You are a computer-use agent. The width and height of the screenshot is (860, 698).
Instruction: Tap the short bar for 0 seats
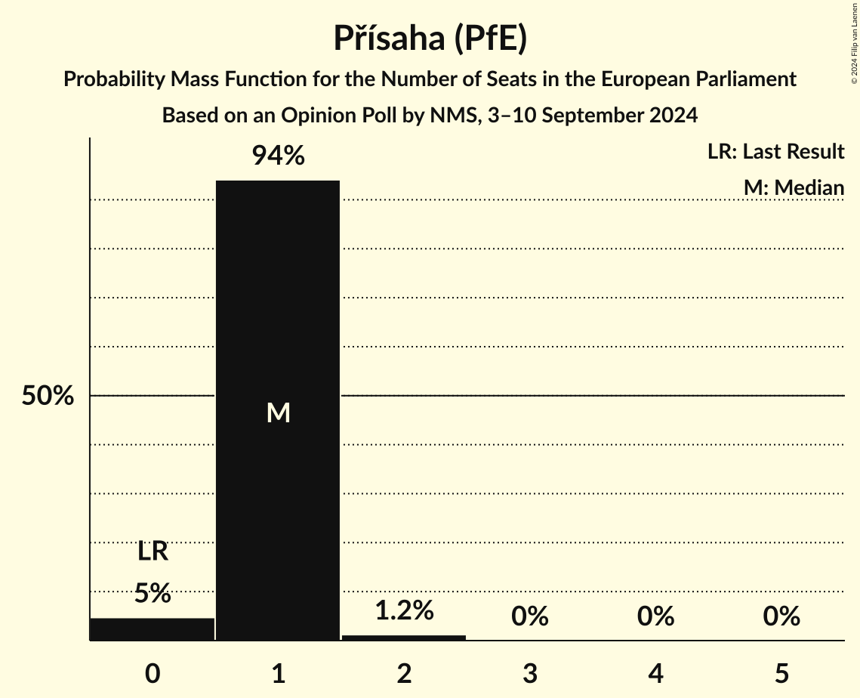point(153,629)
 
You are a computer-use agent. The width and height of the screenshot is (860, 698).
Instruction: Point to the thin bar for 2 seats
point(404,638)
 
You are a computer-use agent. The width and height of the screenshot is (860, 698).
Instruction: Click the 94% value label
point(278,156)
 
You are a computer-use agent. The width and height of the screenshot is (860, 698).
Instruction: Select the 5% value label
point(153,593)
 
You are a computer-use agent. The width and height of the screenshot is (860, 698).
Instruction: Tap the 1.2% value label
point(404,610)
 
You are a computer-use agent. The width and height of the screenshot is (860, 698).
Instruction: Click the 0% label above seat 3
point(529,616)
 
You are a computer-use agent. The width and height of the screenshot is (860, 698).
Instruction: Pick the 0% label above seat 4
point(655,616)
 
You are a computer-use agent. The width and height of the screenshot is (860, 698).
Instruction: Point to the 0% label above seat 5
point(781,616)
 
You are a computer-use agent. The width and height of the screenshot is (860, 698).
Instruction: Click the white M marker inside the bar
point(278,412)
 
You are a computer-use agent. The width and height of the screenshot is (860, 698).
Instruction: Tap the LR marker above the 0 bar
point(153,552)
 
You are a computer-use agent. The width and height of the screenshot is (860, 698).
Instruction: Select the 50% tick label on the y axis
point(48,396)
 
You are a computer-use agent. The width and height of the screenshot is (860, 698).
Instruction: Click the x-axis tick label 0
point(153,673)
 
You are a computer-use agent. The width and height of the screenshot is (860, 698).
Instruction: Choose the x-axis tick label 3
point(529,673)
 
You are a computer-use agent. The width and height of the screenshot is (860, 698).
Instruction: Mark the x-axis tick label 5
point(781,673)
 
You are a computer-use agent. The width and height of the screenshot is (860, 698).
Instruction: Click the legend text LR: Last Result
point(775,152)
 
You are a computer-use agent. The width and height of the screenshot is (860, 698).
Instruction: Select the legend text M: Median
point(793,187)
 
